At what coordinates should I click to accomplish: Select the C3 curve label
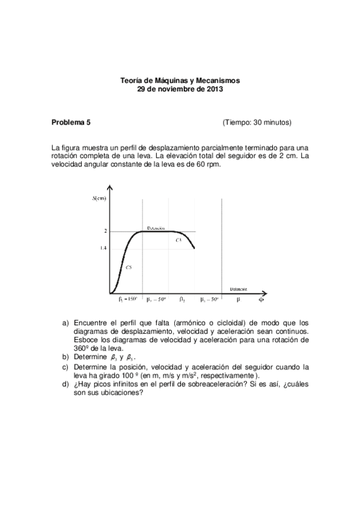(178, 239)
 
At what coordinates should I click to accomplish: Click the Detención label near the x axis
(239, 289)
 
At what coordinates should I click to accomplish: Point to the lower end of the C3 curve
(195, 248)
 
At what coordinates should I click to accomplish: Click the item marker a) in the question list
(67, 323)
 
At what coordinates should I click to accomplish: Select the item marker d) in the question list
(67, 386)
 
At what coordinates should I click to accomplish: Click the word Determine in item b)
(92, 357)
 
